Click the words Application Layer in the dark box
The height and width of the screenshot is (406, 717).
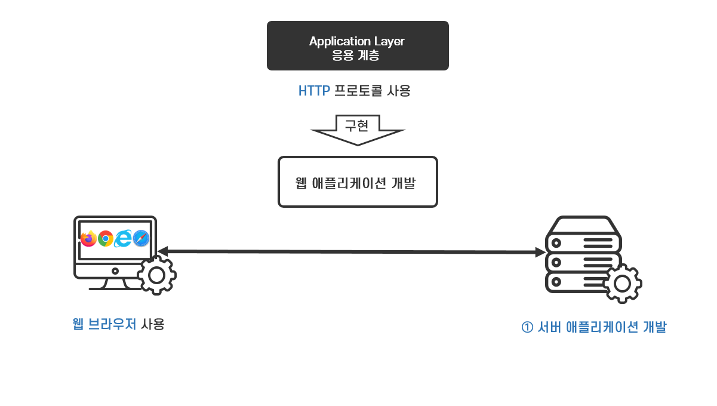(x=357, y=41)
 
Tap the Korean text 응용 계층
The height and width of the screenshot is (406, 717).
(x=357, y=56)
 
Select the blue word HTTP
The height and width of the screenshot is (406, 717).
(x=314, y=91)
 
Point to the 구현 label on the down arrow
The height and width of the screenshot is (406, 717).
(x=358, y=125)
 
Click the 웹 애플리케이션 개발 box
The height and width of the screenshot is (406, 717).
(x=358, y=182)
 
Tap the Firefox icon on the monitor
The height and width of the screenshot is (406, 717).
(x=89, y=238)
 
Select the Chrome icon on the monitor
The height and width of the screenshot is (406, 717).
(x=106, y=238)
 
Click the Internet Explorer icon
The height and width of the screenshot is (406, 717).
(x=124, y=238)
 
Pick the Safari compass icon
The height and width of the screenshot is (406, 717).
(x=141, y=238)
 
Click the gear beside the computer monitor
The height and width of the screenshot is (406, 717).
(x=156, y=275)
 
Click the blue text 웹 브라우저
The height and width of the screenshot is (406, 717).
(x=104, y=324)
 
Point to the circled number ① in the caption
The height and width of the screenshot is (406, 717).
(x=527, y=328)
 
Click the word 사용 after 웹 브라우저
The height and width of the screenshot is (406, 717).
(x=153, y=324)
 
